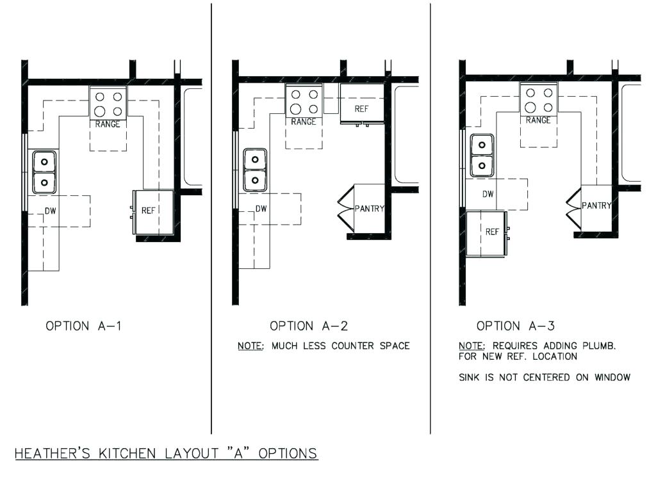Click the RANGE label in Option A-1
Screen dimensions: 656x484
click(x=108, y=124)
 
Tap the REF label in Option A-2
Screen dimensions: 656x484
click(x=361, y=109)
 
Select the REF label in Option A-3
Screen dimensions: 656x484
click(x=493, y=232)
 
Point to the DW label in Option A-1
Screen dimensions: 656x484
click(x=51, y=211)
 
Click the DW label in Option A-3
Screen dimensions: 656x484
click(x=488, y=194)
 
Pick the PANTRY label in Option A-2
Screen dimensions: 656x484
click(x=370, y=209)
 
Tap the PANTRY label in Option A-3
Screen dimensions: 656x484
click(x=596, y=206)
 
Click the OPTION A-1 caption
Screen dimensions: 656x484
click(x=84, y=326)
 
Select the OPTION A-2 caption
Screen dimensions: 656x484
click(x=309, y=326)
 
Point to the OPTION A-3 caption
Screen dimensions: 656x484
click(x=516, y=326)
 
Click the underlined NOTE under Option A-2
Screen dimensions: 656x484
click(x=250, y=346)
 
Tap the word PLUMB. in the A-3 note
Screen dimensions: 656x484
click(x=599, y=346)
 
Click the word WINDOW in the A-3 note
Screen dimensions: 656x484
click(x=612, y=378)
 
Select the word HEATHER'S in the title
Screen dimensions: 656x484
click(x=53, y=453)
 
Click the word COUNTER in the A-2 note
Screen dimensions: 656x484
click(x=353, y=346)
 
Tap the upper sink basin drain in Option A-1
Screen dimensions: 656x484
click(x=44, y=162)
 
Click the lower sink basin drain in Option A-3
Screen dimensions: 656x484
click(x=482, y=166)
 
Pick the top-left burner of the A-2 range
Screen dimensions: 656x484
click(x=296, y=95)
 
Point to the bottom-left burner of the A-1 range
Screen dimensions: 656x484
click(x=99, y=111)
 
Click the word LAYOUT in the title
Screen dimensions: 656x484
click(x=192, y=453)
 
